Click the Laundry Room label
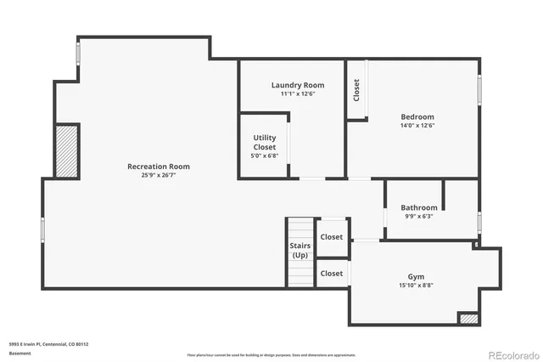298,85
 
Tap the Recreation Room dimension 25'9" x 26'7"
159,175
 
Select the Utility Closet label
265,142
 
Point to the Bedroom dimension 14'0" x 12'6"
417,125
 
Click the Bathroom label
419,207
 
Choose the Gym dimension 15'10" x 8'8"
416,286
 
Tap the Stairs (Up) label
300,250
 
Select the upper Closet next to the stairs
332,237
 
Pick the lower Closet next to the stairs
332,273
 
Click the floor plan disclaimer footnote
271,354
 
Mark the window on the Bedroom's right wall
479,89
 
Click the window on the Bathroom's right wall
479,222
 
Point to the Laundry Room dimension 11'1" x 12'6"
298,93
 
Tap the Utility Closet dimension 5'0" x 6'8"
265,156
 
